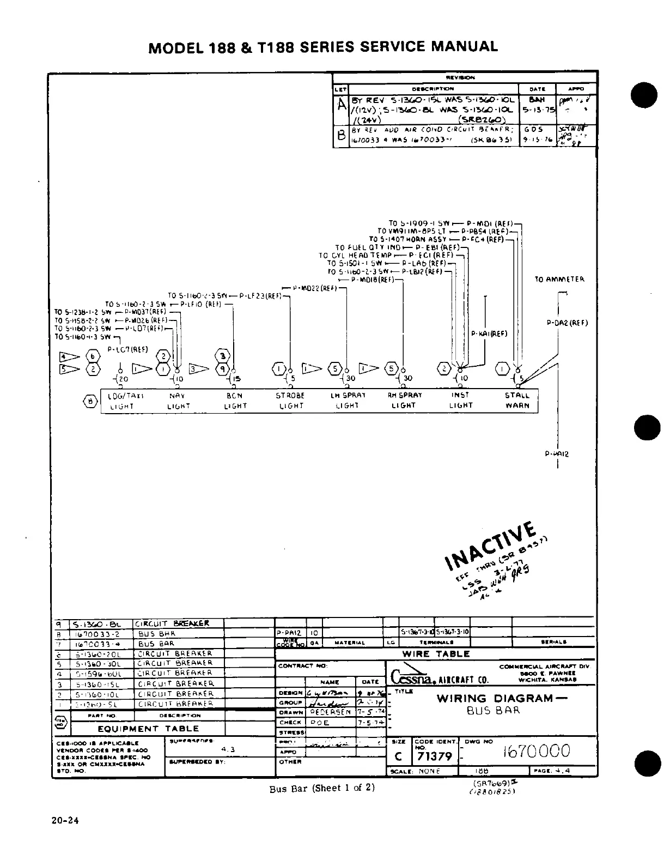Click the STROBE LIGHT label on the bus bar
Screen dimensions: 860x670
coord(290,401)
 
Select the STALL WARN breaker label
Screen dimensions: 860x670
coord(517,401)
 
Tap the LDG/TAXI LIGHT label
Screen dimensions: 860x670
coord(121,401)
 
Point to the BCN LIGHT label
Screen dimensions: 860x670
coord(235,401)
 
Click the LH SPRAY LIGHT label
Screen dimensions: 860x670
coord(348,401)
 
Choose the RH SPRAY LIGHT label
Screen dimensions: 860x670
coord(404,401)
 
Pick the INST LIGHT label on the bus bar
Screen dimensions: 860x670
coord(461,401)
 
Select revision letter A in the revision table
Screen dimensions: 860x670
coord(341,105)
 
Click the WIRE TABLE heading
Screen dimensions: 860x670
coord(436,654)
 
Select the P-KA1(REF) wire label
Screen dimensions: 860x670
coord(489,334)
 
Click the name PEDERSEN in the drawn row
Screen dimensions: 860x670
coord(330,712)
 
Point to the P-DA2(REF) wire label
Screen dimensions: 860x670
coord(567,323)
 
